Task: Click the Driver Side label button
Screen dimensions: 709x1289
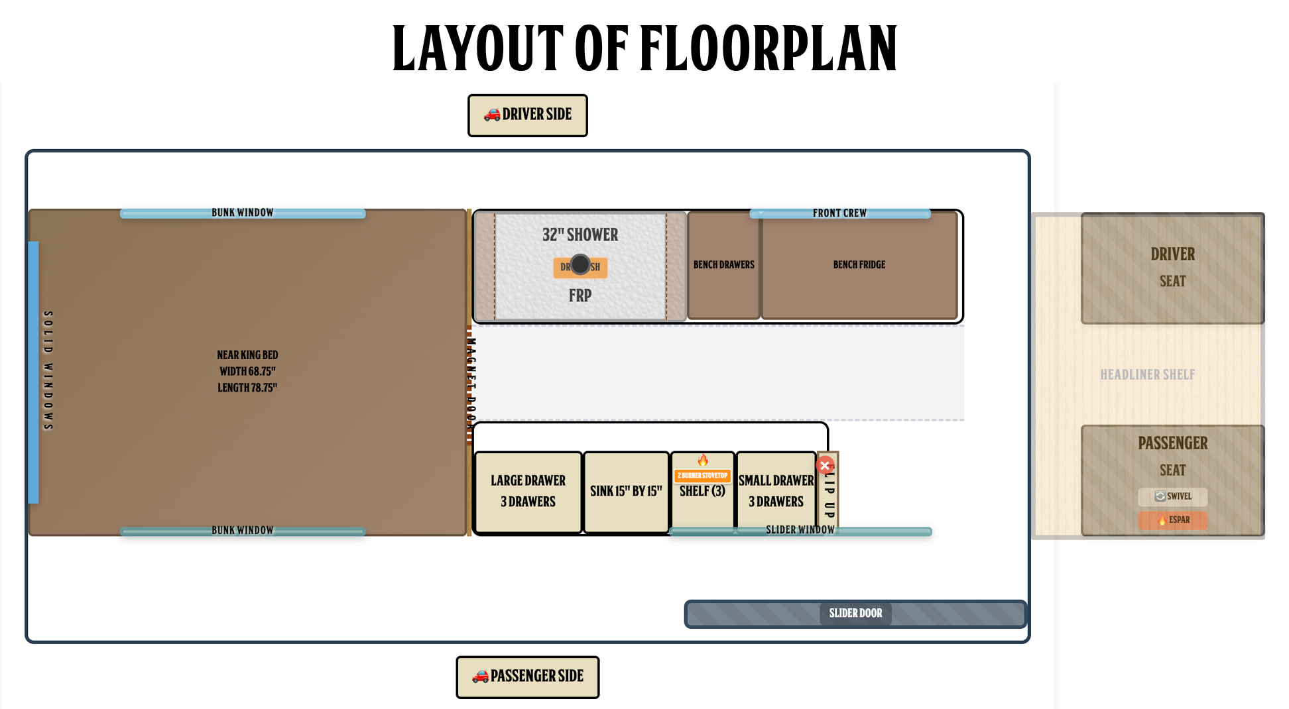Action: tap(527, 115)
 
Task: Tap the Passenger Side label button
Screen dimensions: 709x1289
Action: tap(527, 677)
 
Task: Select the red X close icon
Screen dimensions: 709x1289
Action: tap(825, 465)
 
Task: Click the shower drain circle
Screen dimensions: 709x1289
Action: tap(580, 264)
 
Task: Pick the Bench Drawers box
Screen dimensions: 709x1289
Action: tap(723, 265)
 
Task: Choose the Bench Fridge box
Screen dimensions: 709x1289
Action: tap(859, 265)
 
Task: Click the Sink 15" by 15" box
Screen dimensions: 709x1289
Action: tap(626, 492)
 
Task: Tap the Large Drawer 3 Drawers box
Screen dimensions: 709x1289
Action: tap(528, 492)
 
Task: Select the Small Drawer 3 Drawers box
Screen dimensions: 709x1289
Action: tap(776, 492)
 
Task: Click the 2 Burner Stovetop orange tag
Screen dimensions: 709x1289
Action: tap(702, 475)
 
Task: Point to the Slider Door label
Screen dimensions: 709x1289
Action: tap(855, 613)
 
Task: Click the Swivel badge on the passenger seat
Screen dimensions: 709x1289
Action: tap(1172, 496)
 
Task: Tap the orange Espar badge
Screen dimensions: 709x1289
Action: tap(1172, 519)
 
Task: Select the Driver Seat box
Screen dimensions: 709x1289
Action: tap(1172, 268)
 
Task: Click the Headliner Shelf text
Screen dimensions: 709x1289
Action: tap(1147, 374)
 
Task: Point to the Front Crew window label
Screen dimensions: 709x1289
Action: tap(839, 213)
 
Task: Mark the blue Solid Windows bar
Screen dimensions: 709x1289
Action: tap(33, 372)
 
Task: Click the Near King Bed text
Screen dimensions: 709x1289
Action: tap(247, 355)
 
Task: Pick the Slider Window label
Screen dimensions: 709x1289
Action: tap(800, 530)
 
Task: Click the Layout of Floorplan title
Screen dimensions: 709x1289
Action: tap(644, 48)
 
